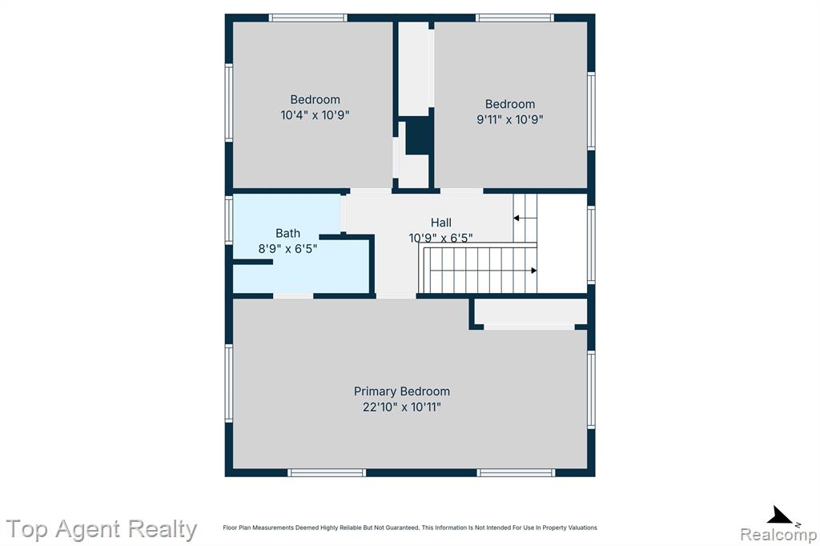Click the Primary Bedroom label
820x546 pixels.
402,391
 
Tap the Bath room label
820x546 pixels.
287,233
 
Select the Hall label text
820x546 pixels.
441,223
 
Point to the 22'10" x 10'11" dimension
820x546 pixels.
402,407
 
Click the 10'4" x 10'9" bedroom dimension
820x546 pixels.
315,115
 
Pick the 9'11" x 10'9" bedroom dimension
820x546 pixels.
510,119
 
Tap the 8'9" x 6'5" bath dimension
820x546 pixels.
287,249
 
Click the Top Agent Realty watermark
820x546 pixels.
102,528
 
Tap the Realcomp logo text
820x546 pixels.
778,535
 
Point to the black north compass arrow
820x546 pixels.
780,515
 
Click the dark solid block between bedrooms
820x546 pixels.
418,135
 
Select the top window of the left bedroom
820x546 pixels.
308,18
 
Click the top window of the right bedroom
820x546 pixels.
515,18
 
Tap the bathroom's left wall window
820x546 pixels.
228,220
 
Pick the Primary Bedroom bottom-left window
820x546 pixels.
327,473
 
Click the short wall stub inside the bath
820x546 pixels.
252,262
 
